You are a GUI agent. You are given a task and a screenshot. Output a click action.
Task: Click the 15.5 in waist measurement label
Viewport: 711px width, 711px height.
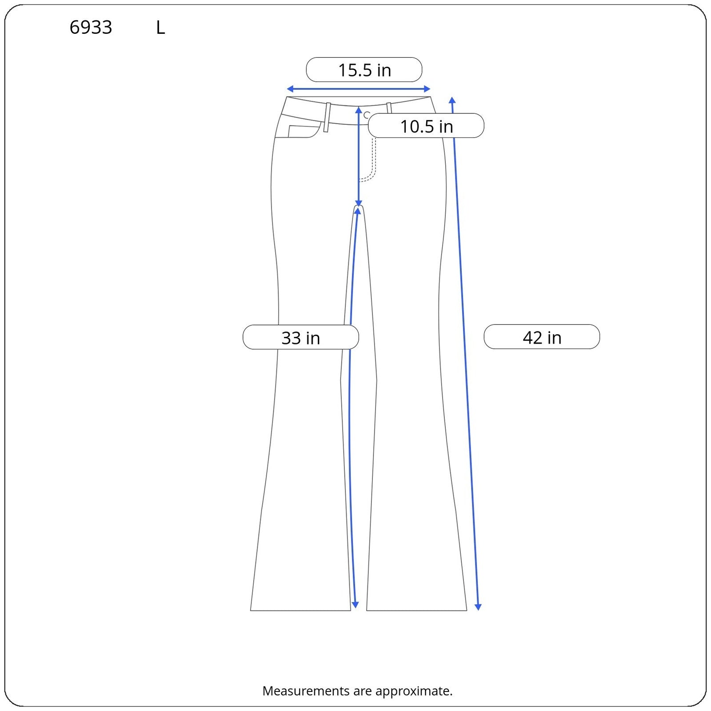tap(364, 70)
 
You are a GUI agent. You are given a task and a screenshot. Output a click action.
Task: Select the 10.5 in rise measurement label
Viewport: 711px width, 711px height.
tap(426, 126)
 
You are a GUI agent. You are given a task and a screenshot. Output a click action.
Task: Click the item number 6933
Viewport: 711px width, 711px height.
tap(91, 28)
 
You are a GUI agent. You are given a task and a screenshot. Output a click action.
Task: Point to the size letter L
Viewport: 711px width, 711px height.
tap(160, 28)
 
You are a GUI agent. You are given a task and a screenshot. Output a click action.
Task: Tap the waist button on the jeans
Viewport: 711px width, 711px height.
tap(367, 115)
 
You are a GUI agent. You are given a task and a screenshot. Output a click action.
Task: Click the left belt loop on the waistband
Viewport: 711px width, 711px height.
tap(328, 117)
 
